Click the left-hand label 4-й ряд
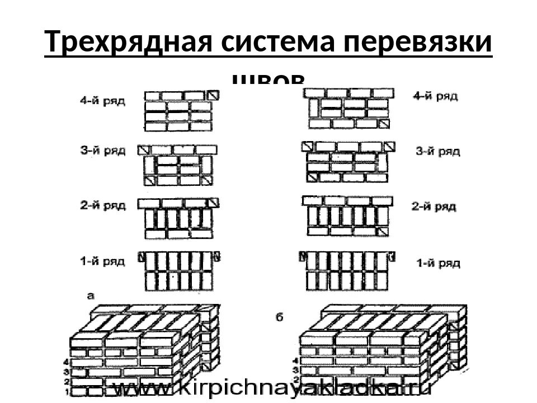[102, 101]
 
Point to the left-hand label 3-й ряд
[102, 151]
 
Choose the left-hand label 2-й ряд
[102, 205]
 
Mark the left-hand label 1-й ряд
[102, 260]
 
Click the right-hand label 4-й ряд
[435, 96]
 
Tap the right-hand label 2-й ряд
[434, 207]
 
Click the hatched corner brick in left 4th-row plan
[213, 95]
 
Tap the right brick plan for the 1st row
[347, 271]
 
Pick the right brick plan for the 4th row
[350, 108]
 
